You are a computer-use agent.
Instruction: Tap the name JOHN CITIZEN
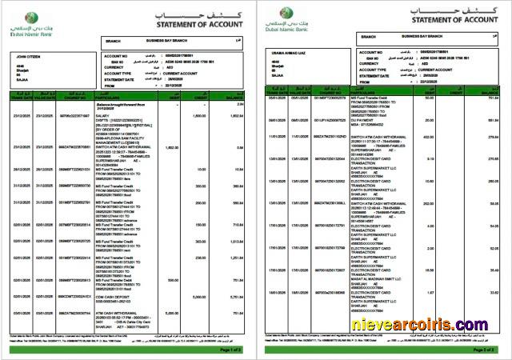point(28,56)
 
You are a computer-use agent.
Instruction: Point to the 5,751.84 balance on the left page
point(235,296)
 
